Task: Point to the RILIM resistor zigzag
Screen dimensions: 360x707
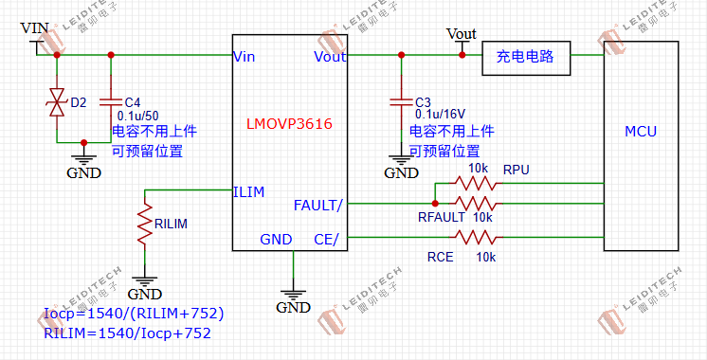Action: pos(144,225)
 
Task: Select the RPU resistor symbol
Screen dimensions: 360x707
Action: pos(474,182)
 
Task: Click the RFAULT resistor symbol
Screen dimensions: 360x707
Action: pos(474,203)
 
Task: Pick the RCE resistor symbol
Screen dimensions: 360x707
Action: pos(474,237)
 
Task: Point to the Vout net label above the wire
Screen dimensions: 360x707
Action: pos(461,34)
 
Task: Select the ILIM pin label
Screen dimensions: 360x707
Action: pos(248,191)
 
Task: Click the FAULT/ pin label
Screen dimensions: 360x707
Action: pos(318,205)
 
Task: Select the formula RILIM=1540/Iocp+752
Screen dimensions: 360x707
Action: pos(127,333)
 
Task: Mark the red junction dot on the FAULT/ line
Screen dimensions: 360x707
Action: pos(435,203)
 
